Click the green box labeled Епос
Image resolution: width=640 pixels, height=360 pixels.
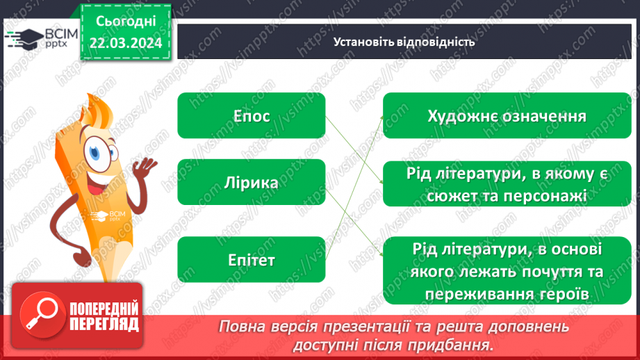pyautogui.click(x=251, y=116)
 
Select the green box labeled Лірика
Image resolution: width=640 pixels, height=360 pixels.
pyautogui.click(x=251, y=183)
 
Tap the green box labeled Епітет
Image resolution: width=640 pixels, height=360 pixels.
pyautogui.click(x=251, y=260)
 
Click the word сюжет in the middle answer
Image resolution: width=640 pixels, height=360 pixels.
pyautogui.click(x=436, y=197)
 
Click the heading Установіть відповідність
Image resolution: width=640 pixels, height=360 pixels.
pyautogui.click(x=404, y=42)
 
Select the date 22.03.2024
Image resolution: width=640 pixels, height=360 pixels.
pyautogui.click(x=124, y=44)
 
